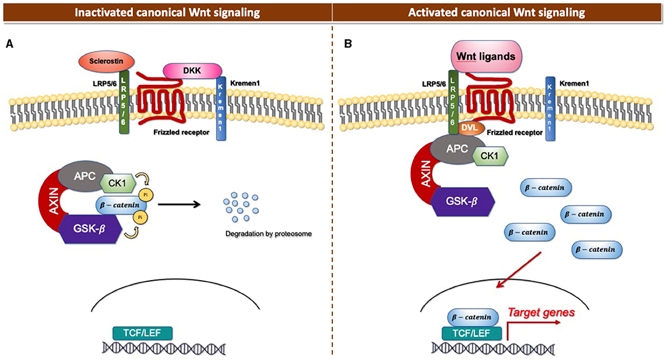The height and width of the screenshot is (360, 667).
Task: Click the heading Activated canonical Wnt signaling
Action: [x=499, y=11]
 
